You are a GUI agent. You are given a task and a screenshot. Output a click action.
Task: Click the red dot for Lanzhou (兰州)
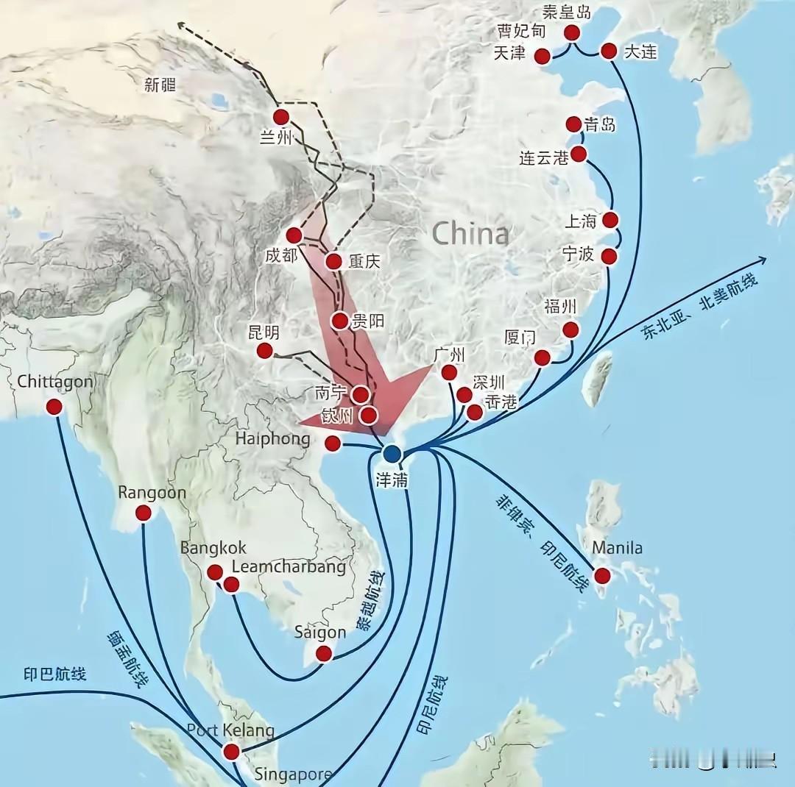tap(281, 117)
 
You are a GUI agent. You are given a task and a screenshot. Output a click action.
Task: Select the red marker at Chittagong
tap(54, 407)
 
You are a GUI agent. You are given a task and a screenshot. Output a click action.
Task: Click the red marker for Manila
tap(603, 576)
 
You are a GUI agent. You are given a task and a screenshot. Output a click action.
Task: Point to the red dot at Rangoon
tap(144, 513)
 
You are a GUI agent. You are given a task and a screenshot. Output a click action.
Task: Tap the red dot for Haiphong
tap(333, 443)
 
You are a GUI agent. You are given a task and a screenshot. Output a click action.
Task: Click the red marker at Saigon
tap(323, 653)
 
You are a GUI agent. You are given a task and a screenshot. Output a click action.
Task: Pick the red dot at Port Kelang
tap(231, 751)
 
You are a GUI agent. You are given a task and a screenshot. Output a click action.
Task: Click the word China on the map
tap(470, 234)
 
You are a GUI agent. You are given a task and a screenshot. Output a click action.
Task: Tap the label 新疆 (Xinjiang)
tap(160, 85)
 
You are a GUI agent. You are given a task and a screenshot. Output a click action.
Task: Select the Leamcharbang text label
tap(289, 567)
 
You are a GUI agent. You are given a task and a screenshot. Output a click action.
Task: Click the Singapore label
tap(293, 774)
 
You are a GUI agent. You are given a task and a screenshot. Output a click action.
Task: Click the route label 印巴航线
tap(54, 674)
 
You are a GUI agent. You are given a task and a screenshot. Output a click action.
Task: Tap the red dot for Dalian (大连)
tap(609, 51)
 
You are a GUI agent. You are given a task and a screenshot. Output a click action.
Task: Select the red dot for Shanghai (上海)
tap(609, 220)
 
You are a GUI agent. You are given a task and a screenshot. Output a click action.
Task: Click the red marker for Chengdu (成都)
tap(294, 235)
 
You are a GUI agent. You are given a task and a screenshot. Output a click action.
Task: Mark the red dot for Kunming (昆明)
tap(265, 351)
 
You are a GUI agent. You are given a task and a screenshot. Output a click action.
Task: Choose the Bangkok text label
tap(213, 549)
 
